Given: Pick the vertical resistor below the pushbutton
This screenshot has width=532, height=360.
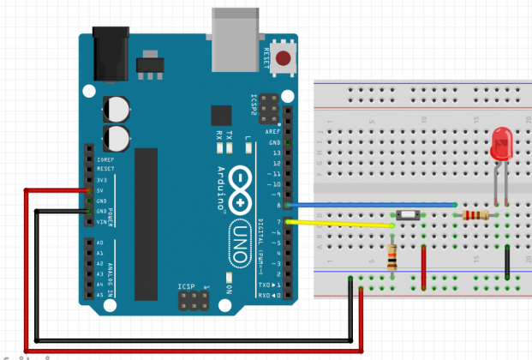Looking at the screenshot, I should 392,254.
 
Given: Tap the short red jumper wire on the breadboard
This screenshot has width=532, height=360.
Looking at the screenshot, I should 424,267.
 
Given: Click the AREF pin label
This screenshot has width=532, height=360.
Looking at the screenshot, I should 273,131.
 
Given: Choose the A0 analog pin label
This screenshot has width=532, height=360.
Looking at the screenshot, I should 101,243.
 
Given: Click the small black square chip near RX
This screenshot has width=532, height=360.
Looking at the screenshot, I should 221,116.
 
